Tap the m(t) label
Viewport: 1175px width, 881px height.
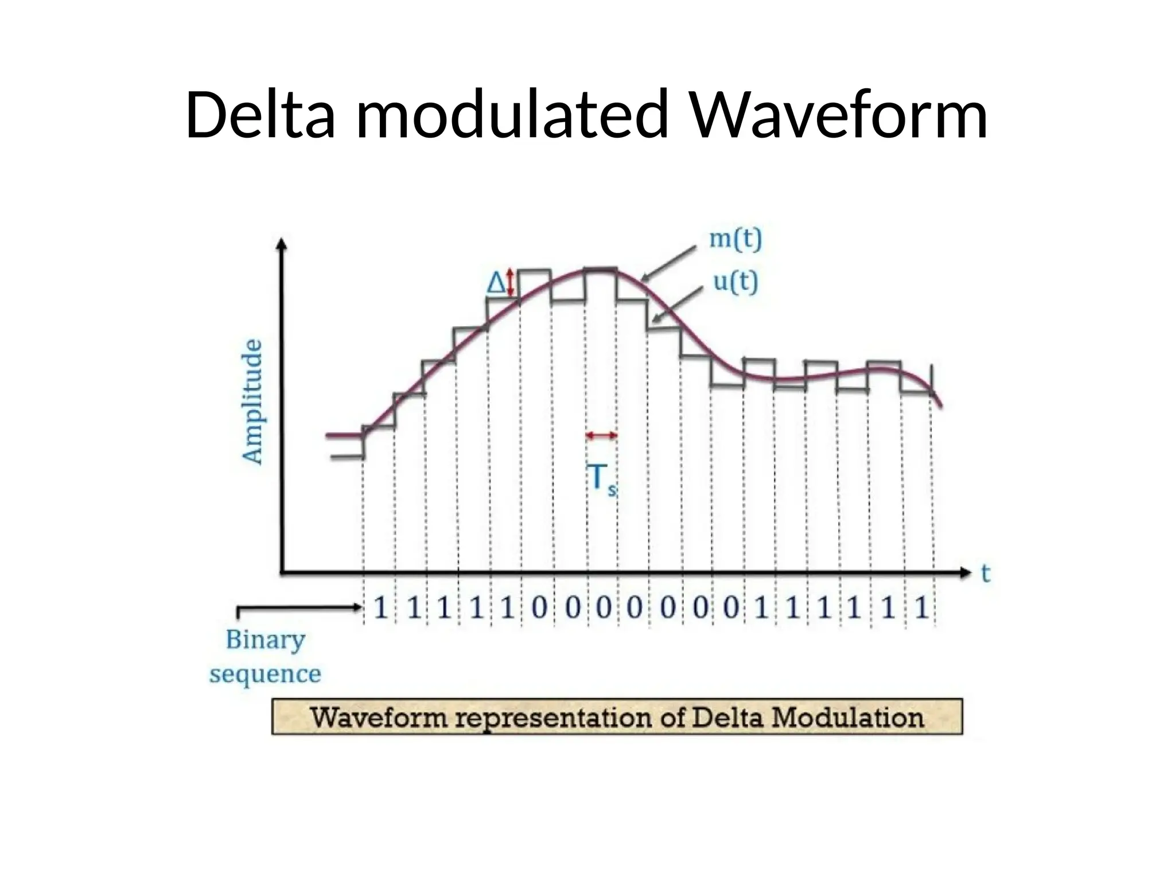point(736,239)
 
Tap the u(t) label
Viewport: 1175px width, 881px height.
point(735,282)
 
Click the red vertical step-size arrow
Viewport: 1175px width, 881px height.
point(511,284)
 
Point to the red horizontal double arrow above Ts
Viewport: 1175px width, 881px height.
point(602,436)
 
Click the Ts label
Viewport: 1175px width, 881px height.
point(602,479)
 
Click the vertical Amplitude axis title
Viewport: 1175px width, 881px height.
point(253,401)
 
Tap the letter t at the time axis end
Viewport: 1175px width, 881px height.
point(986,574)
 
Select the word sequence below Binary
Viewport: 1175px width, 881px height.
point(265,674)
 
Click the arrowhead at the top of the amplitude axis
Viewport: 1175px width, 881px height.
point(282,245)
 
